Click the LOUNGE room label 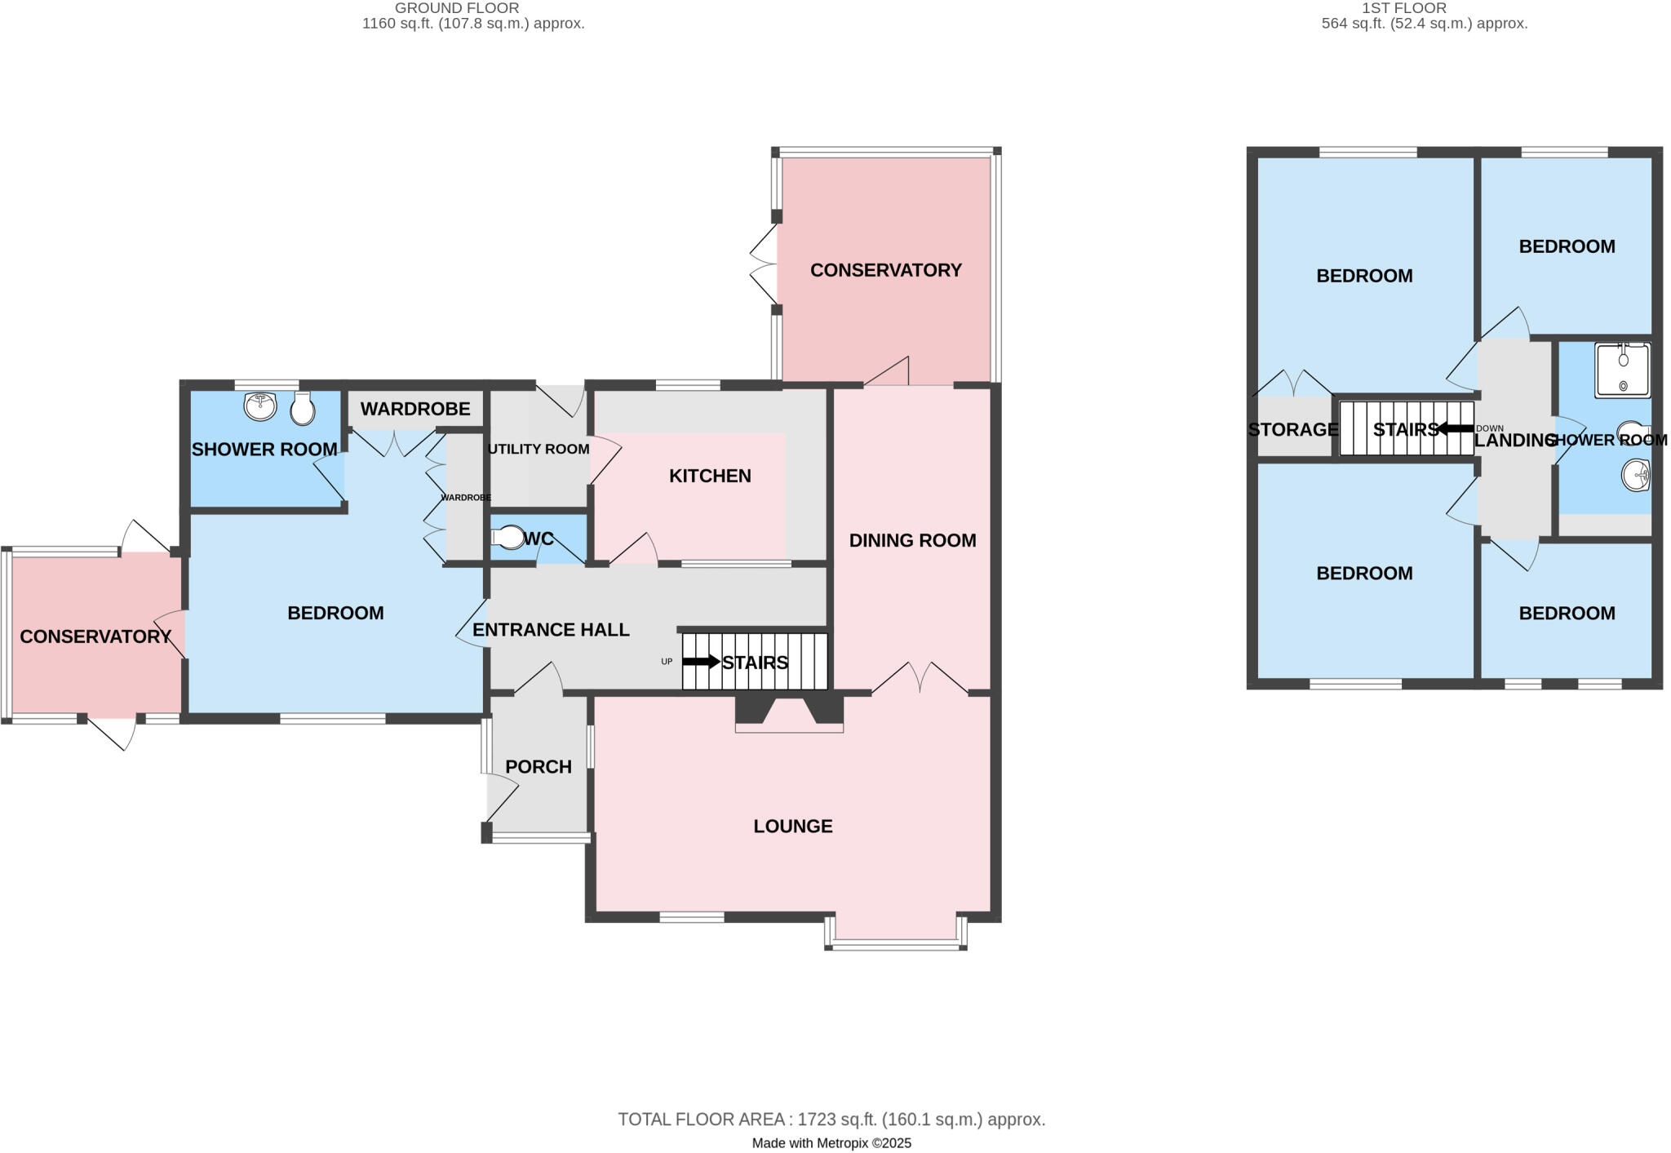[792, 826]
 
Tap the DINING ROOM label [912, 540]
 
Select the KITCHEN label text [710, 476]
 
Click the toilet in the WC [509, 538]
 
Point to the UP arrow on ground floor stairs [700, 662]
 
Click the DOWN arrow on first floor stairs [1455, 428]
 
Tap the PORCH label [538, 766]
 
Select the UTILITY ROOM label [539, 449]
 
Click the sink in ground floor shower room [260, 406]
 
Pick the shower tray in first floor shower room [1622, 370]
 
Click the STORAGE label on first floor [1292, 429]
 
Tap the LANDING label [1514, 441]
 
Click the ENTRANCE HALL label [551, 630]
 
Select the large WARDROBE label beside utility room [415, 409]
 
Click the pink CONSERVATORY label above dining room [885, 270]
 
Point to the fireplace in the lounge [789, 712]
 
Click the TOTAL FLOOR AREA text [831, 1120]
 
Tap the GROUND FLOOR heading [457, 8]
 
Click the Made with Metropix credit [831, 1143]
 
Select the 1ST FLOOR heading [1416, 8]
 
